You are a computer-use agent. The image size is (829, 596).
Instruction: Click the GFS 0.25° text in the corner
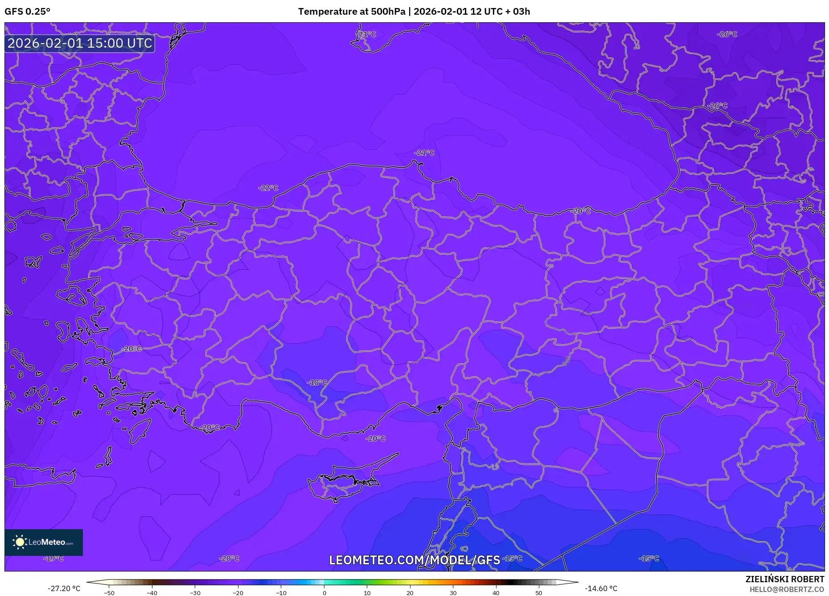(27, 12)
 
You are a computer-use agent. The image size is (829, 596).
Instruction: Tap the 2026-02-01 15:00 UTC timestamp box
(80, 43)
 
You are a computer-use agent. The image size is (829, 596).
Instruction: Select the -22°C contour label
(268, 188)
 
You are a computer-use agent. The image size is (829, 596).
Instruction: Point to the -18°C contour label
(317, 383)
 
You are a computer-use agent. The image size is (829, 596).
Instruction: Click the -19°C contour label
(53, 559)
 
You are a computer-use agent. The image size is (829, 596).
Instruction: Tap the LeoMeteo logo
(44, 542)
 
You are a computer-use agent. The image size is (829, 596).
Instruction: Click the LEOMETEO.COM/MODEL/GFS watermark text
(414, 560)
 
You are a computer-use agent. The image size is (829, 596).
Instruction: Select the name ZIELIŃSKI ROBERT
(784, 579)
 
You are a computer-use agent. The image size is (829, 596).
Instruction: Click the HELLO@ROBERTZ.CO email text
(787, 589)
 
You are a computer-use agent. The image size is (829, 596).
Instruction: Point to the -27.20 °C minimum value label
(64, 588)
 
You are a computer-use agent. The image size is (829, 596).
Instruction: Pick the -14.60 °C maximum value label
(601, 588)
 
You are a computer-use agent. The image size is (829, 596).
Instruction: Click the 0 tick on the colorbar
(324, 592)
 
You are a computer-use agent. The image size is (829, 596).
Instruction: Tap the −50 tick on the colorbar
(109, 592)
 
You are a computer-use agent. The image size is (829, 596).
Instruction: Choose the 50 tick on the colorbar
(539, 592)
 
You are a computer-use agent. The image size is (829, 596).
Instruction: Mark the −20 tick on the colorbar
(238, 592)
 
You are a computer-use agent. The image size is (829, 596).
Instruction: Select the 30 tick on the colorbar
(453, 592)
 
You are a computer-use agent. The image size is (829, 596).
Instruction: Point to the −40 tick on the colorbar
(152, 592)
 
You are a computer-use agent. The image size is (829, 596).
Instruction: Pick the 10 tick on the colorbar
(367, 592)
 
